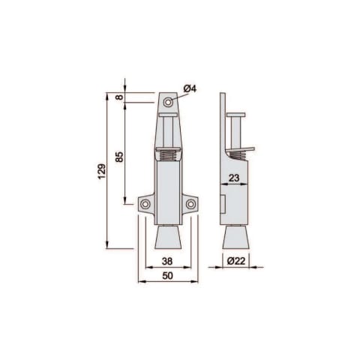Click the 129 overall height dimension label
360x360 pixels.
click(102, 172)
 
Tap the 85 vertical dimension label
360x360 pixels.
click(120, 157)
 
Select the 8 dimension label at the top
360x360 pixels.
click(120, 97)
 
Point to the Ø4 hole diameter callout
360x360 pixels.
click(190, 88)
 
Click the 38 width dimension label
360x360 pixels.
click(167, 261)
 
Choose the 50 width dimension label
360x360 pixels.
click(167, 276)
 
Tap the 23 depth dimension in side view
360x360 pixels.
click(234, 178)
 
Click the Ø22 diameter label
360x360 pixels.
click(236, 261)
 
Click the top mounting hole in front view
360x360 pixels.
click(168, 102)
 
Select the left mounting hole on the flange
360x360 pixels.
click(145, 204)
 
